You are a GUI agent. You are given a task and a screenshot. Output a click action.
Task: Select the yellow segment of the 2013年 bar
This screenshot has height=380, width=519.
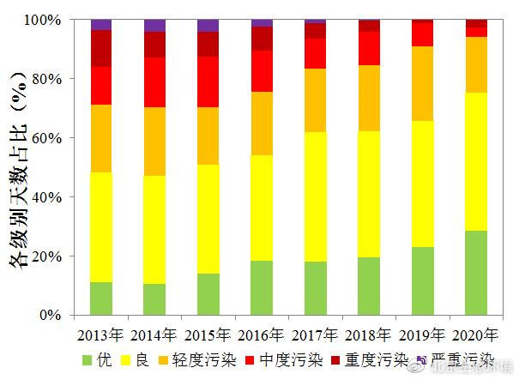101,227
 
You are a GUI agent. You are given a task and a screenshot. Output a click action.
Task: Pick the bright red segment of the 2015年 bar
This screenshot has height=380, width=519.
208,81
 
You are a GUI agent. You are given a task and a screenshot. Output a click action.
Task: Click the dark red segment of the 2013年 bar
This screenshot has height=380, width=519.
101,48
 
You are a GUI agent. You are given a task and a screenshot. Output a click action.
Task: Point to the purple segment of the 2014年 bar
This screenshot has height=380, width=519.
155,25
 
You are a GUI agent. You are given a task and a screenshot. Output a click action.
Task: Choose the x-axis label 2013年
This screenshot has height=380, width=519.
101,334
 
